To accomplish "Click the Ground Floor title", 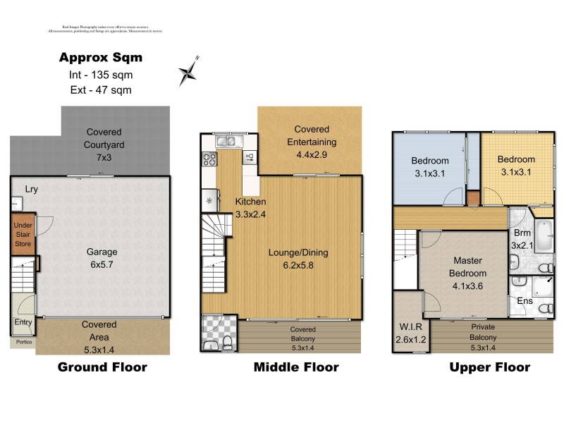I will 102,367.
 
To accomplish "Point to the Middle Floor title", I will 296,367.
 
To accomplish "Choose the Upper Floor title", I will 489,367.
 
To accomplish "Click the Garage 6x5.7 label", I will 102,258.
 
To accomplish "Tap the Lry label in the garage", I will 31,189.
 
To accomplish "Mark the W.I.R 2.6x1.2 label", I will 408,332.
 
